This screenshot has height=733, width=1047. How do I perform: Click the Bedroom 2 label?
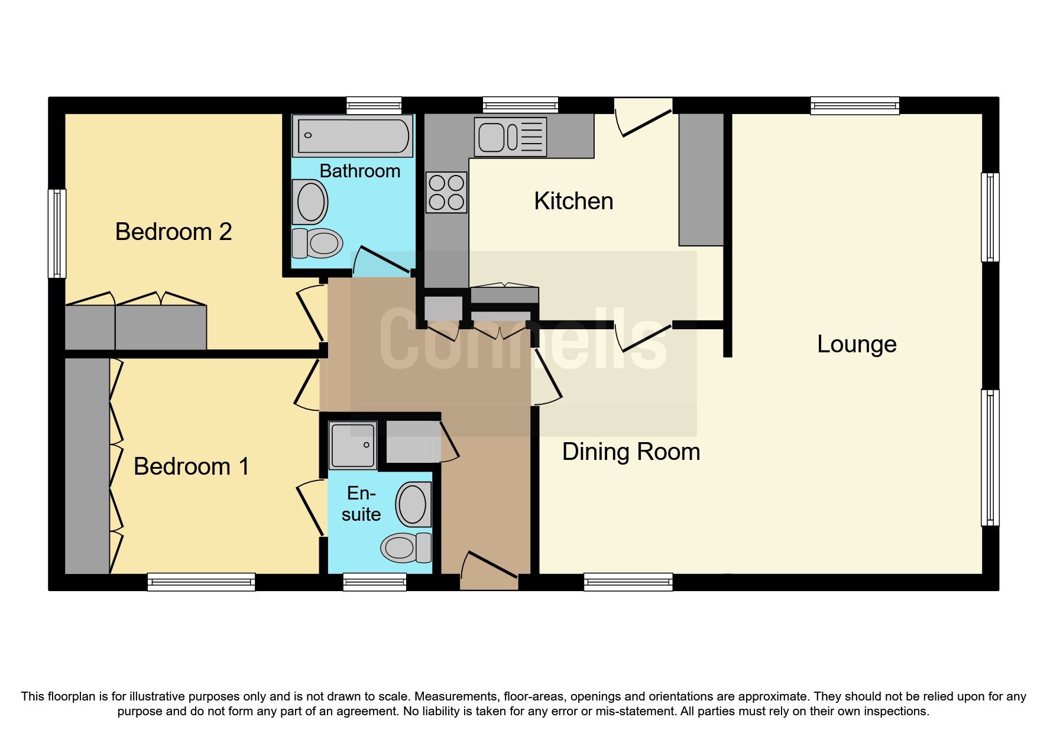pos(173,232)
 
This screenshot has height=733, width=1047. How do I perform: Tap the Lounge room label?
pos(856,344)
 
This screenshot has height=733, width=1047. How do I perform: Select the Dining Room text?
pos(631,452)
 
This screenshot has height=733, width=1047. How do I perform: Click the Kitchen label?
pos(573,201)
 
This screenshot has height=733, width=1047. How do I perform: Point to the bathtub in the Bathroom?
pos(353,136)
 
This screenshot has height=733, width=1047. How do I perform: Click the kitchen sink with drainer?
pos(510,137)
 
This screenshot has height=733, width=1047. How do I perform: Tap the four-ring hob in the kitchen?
pos(446,192)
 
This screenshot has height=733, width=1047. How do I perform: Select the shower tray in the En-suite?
pos(353,445)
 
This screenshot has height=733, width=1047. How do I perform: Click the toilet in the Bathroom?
pos(317,243)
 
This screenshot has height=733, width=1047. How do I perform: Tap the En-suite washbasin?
pos(413,505)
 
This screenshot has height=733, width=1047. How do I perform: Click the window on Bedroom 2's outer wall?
pos(57,233)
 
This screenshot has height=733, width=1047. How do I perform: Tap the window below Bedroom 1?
pos(201,582)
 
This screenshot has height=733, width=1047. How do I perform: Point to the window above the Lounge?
pos(855,106)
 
